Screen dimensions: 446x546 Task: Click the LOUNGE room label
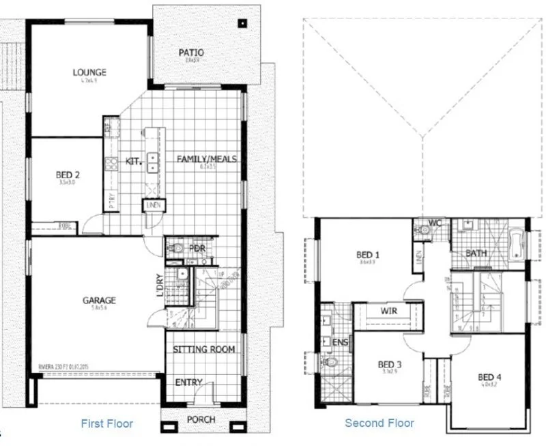click(89, 72)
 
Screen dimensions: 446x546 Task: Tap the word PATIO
click(191, 53)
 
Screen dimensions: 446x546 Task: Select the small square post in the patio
click(241, 23)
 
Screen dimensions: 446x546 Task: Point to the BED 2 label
click(68, 176)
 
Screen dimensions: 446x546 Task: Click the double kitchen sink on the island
click(152, 162)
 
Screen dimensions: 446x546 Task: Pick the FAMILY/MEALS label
click(207, 159)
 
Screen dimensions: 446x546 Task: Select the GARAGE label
click(100, 300)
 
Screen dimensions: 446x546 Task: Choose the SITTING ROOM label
click(203, 349)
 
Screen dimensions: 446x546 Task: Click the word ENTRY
click(189, 382)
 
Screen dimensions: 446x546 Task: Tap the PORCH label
click(201, 419)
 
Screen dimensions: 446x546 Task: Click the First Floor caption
click(106, 423)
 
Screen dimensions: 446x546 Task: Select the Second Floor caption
click(379, 423)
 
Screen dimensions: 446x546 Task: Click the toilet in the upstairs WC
click(425, 231)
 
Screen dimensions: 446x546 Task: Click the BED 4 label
click(491, 378)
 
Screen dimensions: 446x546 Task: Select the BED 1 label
click(368, 256)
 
